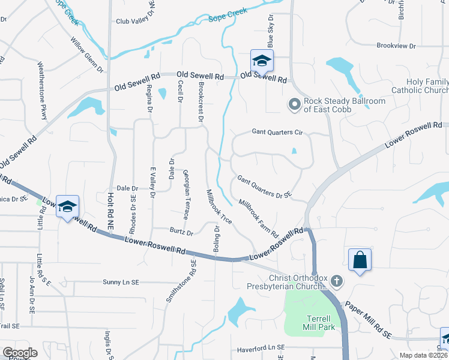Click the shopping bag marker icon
tap(360, 260)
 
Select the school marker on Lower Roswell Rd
tap(67, 206)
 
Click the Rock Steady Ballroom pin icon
tap(294, 105)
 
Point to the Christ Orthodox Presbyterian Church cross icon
tap(337, 280)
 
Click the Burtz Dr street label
tap(181, 232)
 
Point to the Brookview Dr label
tap(396, 46)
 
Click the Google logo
tap(20, 353)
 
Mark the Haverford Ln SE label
tap(259, 348)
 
